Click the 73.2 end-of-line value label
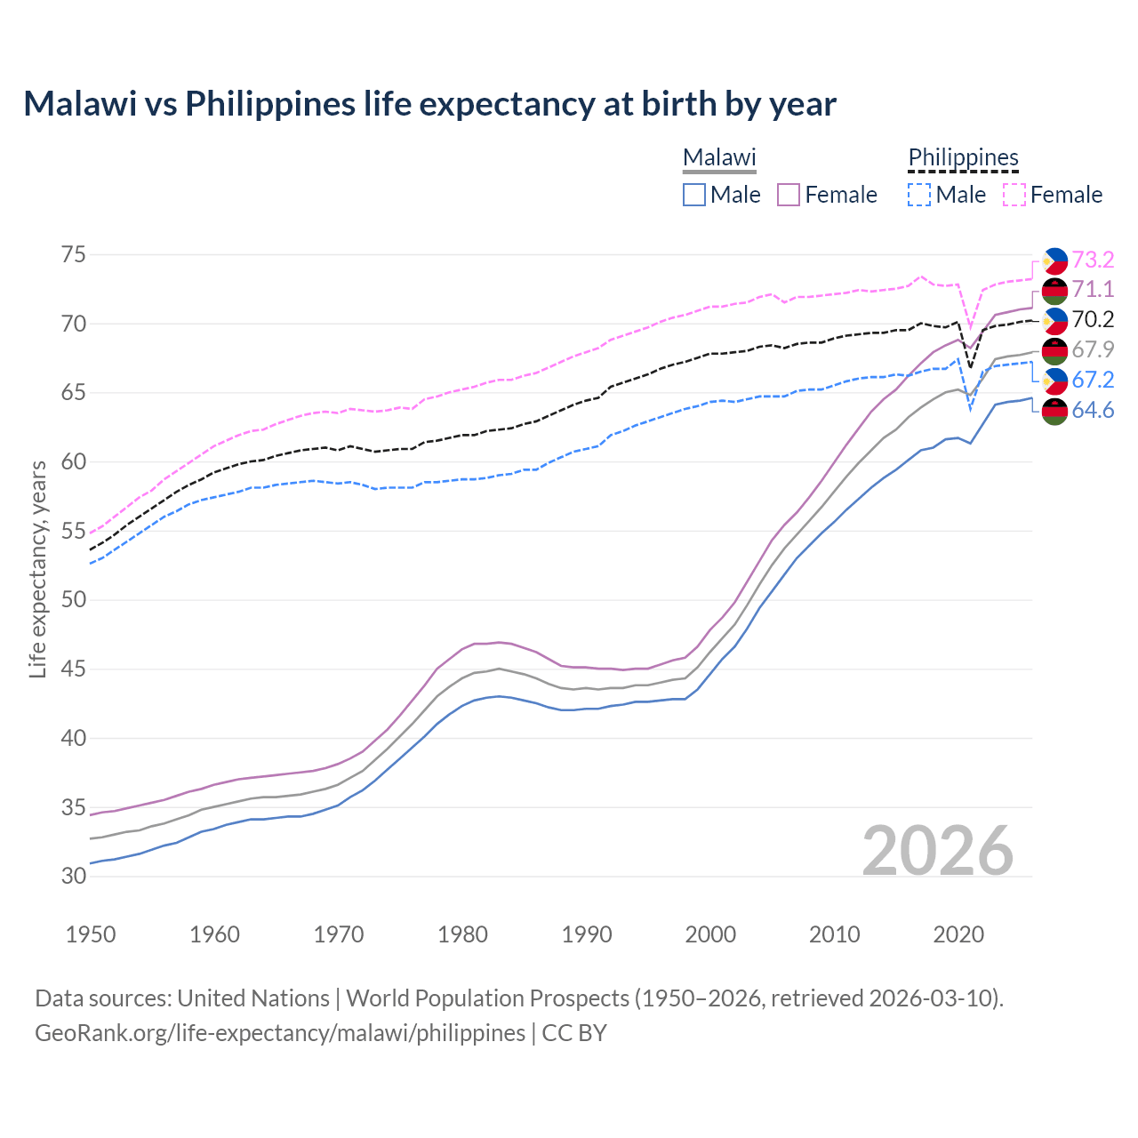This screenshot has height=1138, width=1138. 1093,260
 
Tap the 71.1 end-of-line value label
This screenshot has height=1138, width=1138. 1093,289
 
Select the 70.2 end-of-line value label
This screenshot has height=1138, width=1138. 1093,319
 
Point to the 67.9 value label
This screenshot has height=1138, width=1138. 1093,349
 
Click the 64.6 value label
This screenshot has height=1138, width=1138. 1093,410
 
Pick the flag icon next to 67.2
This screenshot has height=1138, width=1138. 1054,381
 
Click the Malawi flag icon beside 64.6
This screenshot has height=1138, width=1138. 1054,411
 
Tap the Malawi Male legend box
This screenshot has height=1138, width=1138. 694,195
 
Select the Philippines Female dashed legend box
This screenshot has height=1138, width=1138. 1014,195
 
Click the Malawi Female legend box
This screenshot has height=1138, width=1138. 789,195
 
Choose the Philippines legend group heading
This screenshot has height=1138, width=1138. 963,157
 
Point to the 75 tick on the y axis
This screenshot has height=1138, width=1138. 74,255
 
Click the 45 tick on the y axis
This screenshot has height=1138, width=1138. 74,669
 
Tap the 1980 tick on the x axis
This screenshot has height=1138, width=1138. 462,934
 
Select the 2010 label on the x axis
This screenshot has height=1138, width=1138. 834,934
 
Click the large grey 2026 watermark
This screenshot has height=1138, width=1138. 937,851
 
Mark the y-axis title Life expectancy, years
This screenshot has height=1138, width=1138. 37,569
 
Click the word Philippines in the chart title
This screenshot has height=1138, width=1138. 269,104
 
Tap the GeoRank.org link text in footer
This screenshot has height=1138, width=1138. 280,1032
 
